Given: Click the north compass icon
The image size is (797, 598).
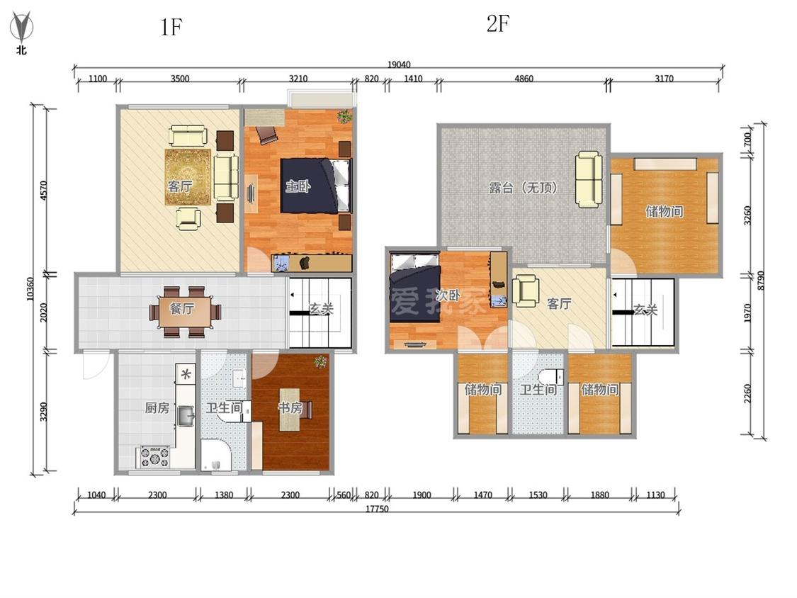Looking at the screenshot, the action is (21, 31).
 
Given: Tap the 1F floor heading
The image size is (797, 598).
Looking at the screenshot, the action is (171, 27).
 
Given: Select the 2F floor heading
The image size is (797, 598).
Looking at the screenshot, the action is (497, 23).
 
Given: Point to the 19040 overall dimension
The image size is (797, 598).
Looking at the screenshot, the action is (399, 64).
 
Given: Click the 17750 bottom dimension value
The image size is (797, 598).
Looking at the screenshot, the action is (377, 509).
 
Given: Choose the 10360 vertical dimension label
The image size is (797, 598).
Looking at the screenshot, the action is (30, 289).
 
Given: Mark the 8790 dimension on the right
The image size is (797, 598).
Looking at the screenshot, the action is (761, 280).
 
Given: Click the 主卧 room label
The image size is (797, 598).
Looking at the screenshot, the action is (298, 186).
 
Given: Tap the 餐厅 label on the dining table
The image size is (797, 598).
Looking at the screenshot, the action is (181, 308).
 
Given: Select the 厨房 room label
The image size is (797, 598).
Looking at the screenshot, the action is (157, 408).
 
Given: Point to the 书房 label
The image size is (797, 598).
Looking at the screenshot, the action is (290, 407).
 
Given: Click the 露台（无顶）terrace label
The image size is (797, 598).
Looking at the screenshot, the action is (523, 188).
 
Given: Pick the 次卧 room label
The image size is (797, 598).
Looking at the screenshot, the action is (448, 295).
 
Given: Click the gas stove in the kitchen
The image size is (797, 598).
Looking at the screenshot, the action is (155, 456).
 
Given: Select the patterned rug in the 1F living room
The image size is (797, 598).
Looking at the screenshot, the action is (188, 176).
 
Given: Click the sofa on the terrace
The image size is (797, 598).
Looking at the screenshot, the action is (589, 179).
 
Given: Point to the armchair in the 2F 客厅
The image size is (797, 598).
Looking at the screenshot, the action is (526, 291).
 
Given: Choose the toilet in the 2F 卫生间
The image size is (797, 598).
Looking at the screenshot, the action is (551, 377).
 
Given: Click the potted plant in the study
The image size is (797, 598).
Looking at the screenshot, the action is (320, 361).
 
